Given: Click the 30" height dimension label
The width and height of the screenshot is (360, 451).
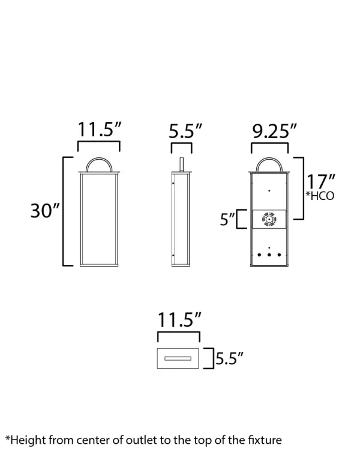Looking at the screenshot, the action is coord(45,211).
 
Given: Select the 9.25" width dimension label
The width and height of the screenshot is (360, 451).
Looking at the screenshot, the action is coord(274,131).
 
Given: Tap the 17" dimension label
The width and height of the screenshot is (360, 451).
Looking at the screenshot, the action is coord(320,181).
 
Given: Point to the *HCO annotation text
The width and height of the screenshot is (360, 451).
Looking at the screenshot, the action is coord(320,196).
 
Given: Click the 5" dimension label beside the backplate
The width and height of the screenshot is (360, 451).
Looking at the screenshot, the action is coord(227,219).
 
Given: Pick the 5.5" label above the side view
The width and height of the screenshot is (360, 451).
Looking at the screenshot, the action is coord(185,131).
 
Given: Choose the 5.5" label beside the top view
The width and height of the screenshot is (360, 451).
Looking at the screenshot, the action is coord(229,359).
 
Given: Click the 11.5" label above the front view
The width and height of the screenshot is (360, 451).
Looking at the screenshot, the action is coord(100,129).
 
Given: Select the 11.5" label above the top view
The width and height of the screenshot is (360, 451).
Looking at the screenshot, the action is coord(179,319).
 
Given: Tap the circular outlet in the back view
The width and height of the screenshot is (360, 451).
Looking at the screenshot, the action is coord(269,219).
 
